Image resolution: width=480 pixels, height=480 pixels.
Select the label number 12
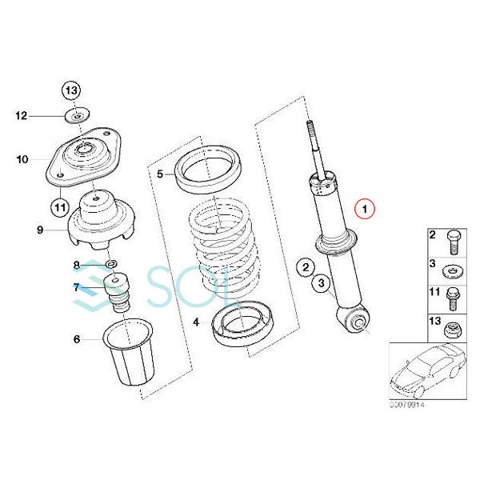click(22, 116)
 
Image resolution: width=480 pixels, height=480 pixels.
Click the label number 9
click(39, 230)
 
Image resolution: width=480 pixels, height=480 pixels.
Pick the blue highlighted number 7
click(76, 286)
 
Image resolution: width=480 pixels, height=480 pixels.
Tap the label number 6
click(77, 339)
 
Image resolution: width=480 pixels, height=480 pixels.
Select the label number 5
click(160, 174)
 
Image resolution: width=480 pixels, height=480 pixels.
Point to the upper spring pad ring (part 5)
click(210, 171)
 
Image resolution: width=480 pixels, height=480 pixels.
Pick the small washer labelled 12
click(76, 118)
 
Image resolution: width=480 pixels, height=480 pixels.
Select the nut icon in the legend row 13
click(453, 326)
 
